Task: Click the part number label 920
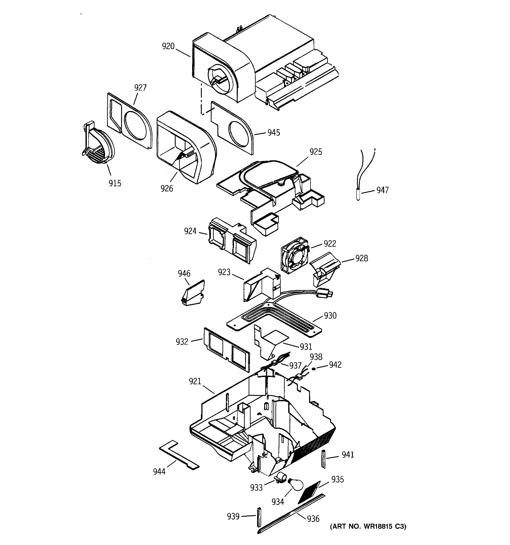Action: click(x=168, y=46)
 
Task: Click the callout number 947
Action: click(x=382, y=190)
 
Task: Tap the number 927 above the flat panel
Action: click(x=140, y=88)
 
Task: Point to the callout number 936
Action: click(x=313, y=519)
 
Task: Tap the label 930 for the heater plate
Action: click(x=330, y=316)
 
